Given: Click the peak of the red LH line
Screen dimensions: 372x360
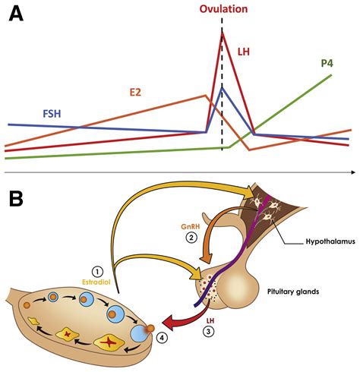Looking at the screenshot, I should click(x=222, y=41).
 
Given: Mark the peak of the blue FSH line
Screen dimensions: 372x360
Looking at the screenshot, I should click(x=222, y=88).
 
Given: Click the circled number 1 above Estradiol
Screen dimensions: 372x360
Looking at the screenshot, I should click(x=96, y=271).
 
